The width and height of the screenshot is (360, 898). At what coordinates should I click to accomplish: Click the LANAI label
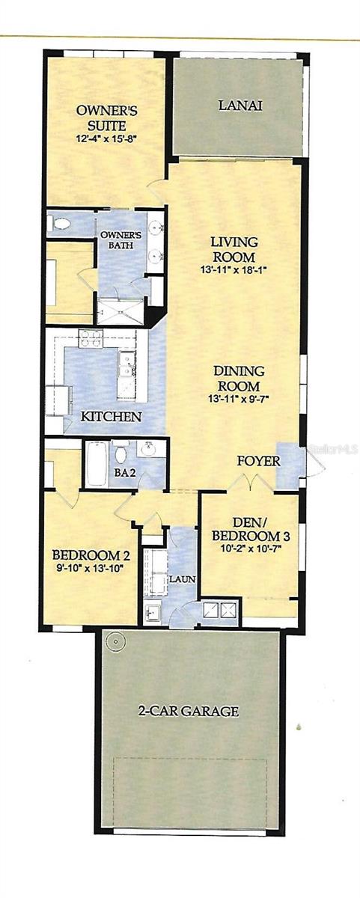240,106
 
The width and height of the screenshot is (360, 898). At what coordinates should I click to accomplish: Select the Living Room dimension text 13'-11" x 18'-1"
234,270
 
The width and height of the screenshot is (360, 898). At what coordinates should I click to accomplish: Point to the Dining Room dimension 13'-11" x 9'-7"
238,398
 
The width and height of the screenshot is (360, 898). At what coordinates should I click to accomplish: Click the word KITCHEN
111,417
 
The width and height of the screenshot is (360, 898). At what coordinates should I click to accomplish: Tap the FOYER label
258,461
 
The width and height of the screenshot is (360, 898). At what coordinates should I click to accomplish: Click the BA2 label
125,472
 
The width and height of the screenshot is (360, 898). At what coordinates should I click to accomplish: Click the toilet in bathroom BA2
120,452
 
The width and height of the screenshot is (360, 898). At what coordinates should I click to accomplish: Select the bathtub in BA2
97,463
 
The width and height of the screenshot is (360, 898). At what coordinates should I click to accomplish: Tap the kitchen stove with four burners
91,337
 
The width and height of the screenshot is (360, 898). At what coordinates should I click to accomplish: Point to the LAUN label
183,579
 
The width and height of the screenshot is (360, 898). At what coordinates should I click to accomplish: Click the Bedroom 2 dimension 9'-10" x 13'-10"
91,568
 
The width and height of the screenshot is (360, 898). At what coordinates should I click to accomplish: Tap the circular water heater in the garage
115,642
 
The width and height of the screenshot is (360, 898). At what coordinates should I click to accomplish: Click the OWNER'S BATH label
120,239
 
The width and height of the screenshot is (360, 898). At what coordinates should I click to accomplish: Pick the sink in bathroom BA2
150,448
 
